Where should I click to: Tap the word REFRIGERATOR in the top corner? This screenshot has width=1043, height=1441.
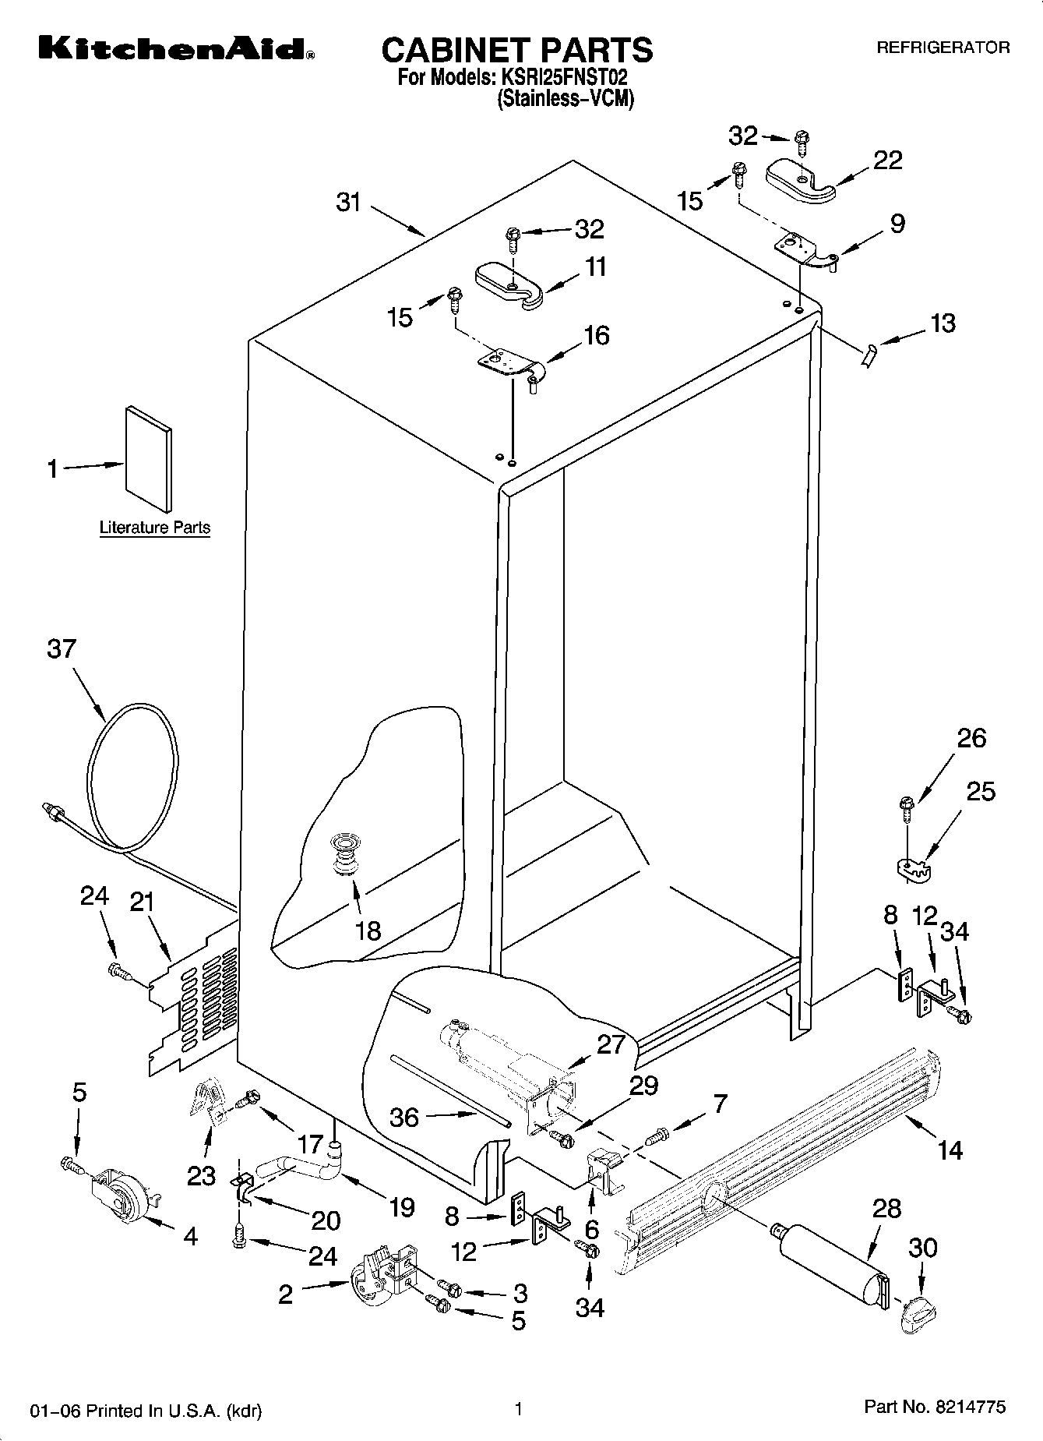click(x=943, y=48)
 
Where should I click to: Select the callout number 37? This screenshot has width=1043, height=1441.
click(x=62, y=648)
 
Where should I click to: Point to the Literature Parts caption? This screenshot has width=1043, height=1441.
click(x=155, y=528)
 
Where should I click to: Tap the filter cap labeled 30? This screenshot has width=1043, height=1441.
click(x=916, y=1316)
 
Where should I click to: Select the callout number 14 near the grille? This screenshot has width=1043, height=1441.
click(x=950, y=1150)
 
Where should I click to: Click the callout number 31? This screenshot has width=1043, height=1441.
click(x=349, y=202)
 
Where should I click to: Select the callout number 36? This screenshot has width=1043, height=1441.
click(x=404, y=1118)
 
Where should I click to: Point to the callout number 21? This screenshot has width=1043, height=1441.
click(x=141, y=902)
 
